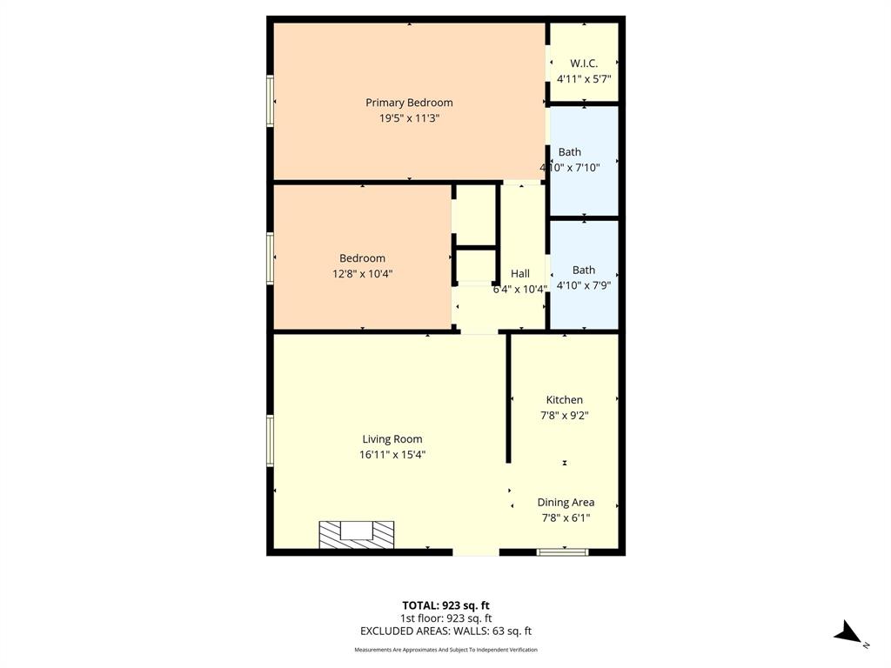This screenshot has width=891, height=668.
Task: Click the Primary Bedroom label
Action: tap(409, 103)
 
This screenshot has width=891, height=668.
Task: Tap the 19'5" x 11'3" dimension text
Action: tap(409, 119)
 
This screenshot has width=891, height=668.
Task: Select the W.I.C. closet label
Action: tap(584, 63)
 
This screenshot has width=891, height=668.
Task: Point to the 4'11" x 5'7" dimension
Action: tap(584, 78)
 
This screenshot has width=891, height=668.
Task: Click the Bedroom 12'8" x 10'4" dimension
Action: tap(362, 274)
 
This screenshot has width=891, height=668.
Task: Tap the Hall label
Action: tap(520, 273)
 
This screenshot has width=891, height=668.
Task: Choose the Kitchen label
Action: tap(565, 400)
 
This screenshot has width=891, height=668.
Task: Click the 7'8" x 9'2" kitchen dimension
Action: tap(565, 416)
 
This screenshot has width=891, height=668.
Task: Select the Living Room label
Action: tap(392, 439)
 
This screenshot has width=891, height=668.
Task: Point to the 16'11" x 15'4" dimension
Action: tap(392, 455)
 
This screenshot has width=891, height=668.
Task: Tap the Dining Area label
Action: tap(566, 502)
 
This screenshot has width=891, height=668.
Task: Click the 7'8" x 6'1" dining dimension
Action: tap(566, 518)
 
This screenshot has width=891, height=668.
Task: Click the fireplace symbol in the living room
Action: tap(357, 534)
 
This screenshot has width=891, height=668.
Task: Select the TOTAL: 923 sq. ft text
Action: tap(445, 605)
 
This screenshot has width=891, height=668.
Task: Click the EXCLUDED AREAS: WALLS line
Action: tap(445, 631)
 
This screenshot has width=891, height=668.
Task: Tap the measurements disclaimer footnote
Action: tap(445, 650)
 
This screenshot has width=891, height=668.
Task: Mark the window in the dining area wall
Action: tap(562, 551)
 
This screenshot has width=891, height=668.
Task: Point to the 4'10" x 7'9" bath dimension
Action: tap(584, 284)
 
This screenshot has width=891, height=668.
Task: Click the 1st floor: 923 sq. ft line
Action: tap(445, 618)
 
